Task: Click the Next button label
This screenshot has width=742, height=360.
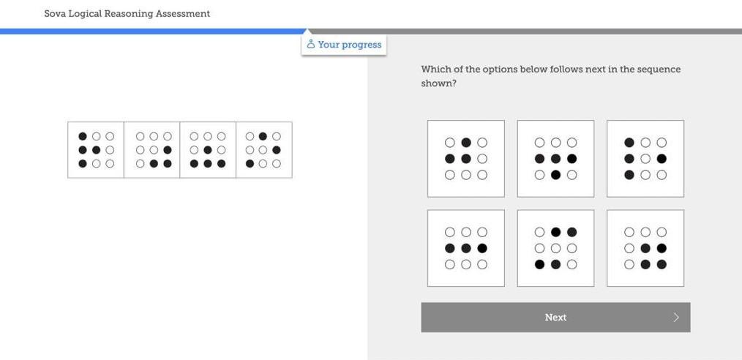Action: tap(555, 317)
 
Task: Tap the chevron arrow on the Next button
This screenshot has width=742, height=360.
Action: tap(676, 317)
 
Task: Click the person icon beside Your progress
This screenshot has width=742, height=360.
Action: tap(311, 45)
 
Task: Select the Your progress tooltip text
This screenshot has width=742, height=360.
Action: tap(349, 45)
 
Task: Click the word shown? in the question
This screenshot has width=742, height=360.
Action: tap(438, 83)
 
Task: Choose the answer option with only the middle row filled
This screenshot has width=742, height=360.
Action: tap(466, 248)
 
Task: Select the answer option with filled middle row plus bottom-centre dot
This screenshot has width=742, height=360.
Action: tap(555, 159)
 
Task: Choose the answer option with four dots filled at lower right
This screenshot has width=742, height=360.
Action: tap(645, 248)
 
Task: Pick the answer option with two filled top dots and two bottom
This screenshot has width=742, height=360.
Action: tap(555, 248)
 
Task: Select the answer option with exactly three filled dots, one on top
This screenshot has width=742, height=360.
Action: tap(466, 159)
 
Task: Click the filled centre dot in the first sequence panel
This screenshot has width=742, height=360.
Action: tap(96, 150)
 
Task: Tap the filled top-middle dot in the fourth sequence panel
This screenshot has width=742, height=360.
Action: tap(263, 136)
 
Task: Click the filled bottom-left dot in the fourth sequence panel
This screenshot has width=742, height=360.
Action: tap(250, 164)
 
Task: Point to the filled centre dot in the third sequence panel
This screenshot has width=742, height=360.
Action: tap(208, 150)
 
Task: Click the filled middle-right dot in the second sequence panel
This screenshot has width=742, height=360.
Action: tap(168, 150)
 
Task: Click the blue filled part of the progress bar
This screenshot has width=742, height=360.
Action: tap(146, 31)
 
